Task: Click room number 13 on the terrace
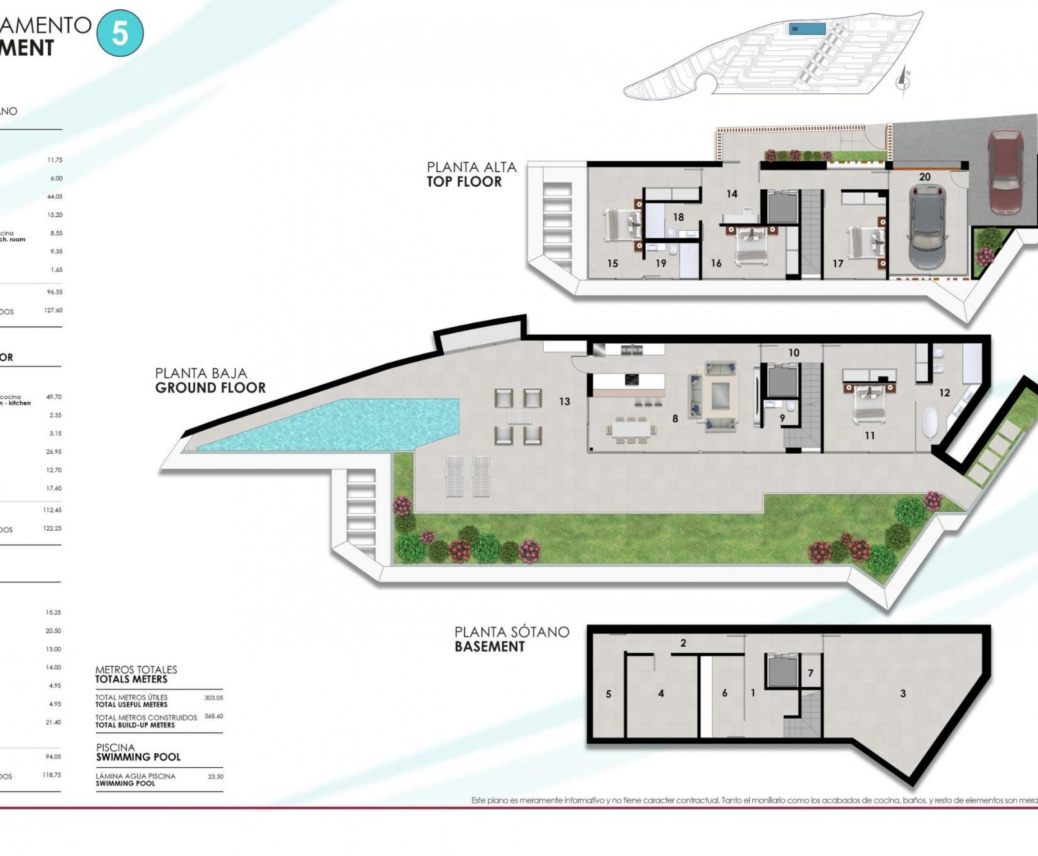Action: point(565,402)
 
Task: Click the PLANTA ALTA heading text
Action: point(471,167)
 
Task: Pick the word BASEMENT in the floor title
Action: point(489,647)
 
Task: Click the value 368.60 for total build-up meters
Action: point(214,716)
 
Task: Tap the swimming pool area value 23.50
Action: point(215,776)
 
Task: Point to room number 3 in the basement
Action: point(903,693)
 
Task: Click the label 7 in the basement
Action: point(810,673)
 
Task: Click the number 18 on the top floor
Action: point(678,217)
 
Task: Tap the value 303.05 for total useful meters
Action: point(214,698)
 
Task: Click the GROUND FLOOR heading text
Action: point(210,387)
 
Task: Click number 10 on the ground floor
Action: point(794,353)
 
